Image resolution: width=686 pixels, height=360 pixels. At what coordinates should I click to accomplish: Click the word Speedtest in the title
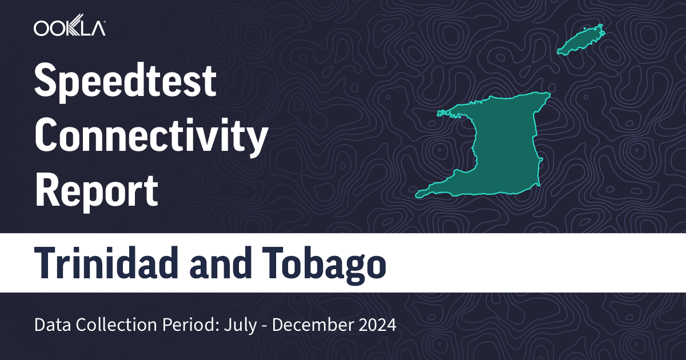126,82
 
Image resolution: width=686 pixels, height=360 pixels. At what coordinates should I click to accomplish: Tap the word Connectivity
151,136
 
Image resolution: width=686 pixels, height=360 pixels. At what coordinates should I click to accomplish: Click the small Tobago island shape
581,39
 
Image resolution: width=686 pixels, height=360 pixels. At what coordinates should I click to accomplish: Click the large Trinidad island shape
503,149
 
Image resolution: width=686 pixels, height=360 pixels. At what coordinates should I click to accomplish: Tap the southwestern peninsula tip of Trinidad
419,193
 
